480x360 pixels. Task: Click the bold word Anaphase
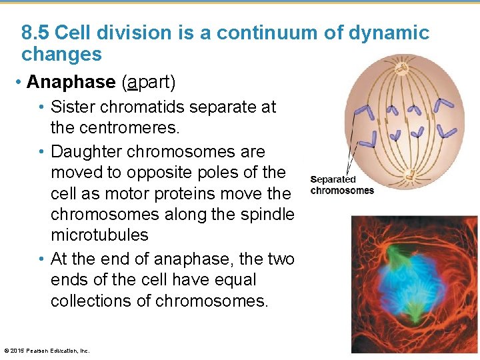pyautogui.click(x=71, y=82)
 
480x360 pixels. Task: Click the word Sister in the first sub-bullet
pyautogui.click(x=74, y=107)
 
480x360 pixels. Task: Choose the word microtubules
pyautogui.click(x=99, y=235)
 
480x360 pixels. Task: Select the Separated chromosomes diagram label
pyautogui.click(x=341, y=185)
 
